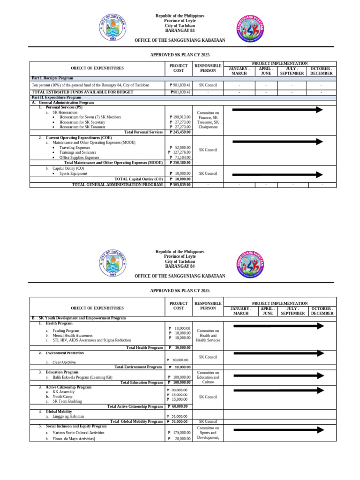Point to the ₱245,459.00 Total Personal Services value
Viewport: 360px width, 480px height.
[x=179, y=132]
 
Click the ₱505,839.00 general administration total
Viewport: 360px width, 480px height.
[x=179, y=185]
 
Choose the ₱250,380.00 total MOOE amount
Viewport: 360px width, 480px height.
[x=179, y=163]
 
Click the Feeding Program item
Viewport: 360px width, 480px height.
[x=66, y=330]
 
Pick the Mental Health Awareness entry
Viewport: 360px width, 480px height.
[x=73, y=336]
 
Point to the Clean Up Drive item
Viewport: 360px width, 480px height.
[x=66, y=362]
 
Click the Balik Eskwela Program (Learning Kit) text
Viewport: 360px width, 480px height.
[x=82, y=377]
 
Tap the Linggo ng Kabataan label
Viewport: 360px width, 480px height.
[x=68, y=416]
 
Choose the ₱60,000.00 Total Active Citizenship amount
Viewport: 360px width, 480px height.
[x=179, y=406]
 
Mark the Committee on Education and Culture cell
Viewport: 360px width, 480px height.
[x=208, y=377]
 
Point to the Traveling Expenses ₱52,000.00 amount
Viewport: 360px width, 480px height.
[x=179, y=147]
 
